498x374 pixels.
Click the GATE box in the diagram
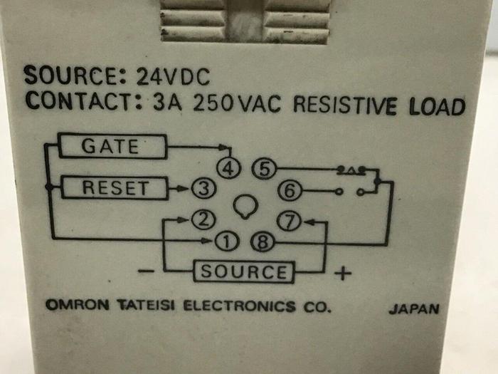[112, 147]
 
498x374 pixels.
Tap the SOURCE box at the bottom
[244, 271]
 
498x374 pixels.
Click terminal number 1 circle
[225, 242]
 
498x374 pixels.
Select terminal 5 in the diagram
[263, 170]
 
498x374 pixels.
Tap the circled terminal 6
[292, 190]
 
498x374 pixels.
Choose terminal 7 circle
[289, 222]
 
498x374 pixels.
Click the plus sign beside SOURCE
[343, 273]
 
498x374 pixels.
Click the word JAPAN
[413, 310]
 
